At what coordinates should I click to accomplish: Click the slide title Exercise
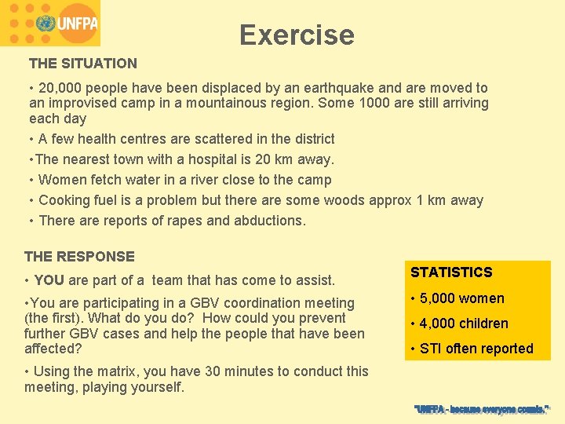(x=297, y=35)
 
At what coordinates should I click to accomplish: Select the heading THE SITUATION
(x=83, y=64)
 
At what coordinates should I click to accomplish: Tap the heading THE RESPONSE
(x=79, y=257)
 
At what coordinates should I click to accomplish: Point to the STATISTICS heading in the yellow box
(x=451, y=272)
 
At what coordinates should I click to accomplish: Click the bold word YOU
(x=49, y=280)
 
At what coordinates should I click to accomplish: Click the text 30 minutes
(x=242, y=371)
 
